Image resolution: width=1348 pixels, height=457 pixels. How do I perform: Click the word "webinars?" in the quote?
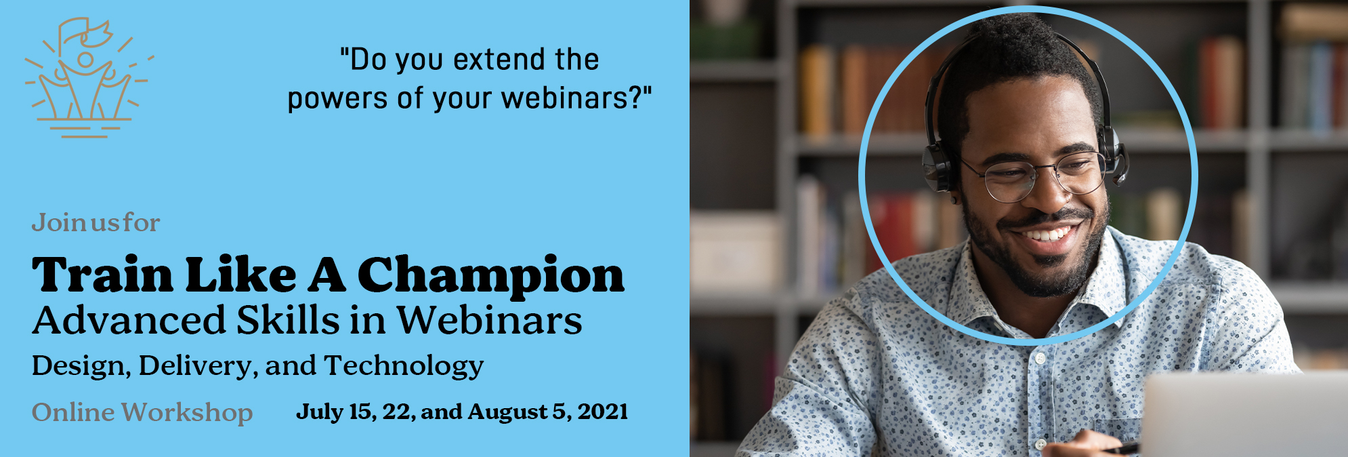pyautogui.click(x=576, y=98)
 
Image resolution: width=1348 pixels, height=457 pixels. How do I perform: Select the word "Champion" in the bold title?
pyautogui.click(x=490, y=276)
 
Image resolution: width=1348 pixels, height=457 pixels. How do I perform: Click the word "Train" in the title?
pyautogui.click(x=102, y=275)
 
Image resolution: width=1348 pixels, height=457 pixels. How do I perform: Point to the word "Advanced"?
pyautogui.click(x=129, y=320)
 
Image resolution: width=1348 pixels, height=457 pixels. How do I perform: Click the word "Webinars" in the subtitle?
pyautogui.click(x=489, y=320)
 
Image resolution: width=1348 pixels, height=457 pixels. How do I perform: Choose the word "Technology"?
pyautogui.click(x=404, y=367)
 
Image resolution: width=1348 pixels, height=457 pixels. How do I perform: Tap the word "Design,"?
pyautogui.click(x=81, y=367)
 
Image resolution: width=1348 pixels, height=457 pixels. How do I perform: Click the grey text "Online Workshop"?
pyautogui.click(x=142, y=412)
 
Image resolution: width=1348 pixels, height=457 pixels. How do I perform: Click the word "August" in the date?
pyautogui.click(x=507, y=412)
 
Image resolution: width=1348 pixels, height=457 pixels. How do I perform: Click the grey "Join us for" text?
pyautogui.click(x=96, y=222)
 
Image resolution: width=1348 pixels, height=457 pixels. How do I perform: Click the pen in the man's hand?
pyautogui.click(x=1122, y=448)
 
